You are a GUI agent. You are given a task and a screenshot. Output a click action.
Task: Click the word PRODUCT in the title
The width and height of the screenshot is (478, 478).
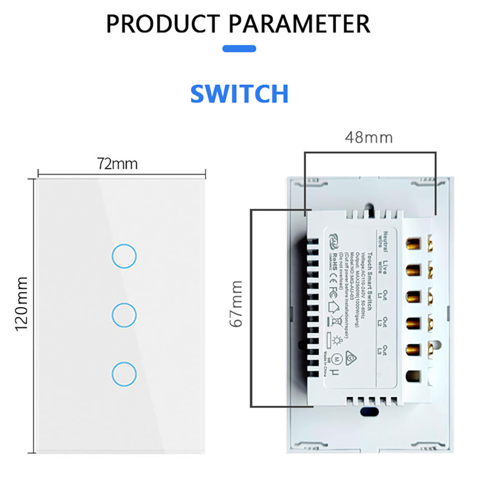coord(162,23)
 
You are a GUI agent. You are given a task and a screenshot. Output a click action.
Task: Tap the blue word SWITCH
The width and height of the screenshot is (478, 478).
coord(239,93)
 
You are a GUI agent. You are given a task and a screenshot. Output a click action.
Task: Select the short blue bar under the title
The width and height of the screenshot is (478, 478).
coord(239,49)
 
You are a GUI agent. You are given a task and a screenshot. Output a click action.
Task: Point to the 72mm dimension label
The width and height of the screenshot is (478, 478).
coord(117,164)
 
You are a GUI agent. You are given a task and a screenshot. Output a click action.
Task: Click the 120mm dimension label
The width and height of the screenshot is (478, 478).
coord(20,305)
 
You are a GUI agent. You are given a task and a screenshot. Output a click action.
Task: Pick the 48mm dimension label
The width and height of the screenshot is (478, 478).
coord(368,137)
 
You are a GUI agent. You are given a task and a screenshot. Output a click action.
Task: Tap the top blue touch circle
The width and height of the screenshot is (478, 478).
coord(124,256)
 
